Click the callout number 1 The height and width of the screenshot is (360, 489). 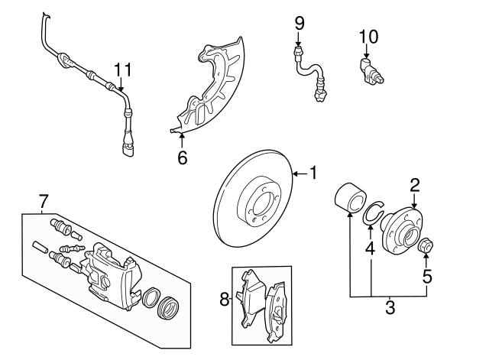coord(313,174)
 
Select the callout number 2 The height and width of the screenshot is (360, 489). coord(415,184)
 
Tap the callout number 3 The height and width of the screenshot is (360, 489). coord(390,310)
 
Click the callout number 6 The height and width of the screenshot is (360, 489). coord(182,157)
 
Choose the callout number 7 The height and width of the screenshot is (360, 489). coord(44,202)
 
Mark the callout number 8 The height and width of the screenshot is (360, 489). coord(225,300)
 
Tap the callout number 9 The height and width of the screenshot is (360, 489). coord(300,23)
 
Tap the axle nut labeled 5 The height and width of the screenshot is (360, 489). coord(428,246)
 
